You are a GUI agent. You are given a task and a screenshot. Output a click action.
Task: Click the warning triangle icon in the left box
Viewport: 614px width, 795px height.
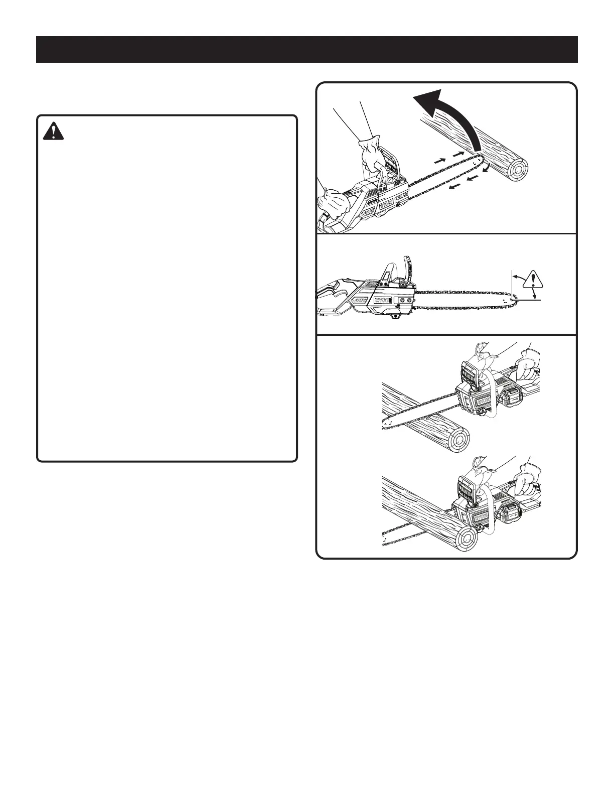click(x=53, y=131)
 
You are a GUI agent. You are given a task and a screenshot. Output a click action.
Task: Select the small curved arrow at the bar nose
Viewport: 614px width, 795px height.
click(x=487, y=167)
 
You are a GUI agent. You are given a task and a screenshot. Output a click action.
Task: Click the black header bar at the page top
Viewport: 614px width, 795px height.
click(x=307, y=50)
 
